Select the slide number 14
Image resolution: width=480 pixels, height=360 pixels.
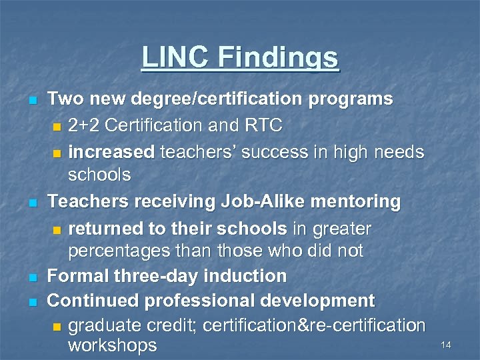tap(446, 345)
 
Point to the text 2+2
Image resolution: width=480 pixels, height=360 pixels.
tap(85, 125)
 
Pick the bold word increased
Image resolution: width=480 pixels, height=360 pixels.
tap(111, 152)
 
